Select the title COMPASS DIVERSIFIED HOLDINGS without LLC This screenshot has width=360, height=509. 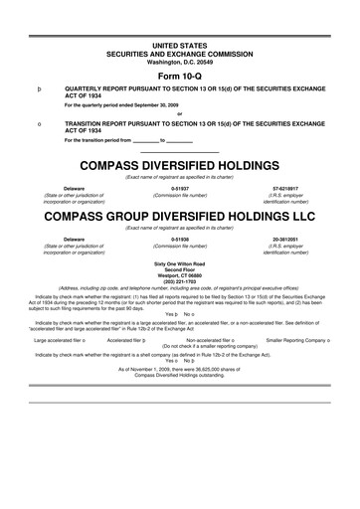click(x=180, y=165)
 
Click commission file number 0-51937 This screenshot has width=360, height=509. click(x=180, y=187)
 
